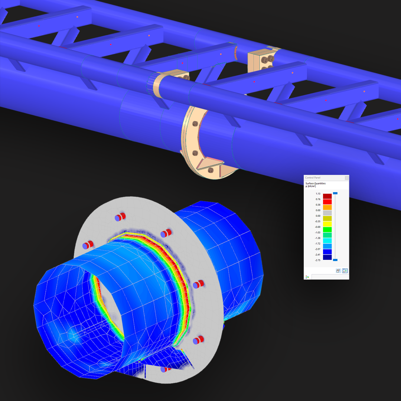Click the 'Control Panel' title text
click(312, 178)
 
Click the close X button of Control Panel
click(346, 178)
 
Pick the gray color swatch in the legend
click(327, 213)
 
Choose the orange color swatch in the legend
click(327, 208)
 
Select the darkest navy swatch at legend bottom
click(327, 257)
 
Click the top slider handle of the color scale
click(335, 193)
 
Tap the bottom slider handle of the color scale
click(335, 260)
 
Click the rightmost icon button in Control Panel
click(345, 271)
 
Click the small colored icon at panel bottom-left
click(307, 277)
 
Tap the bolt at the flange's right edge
click(198, 284)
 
